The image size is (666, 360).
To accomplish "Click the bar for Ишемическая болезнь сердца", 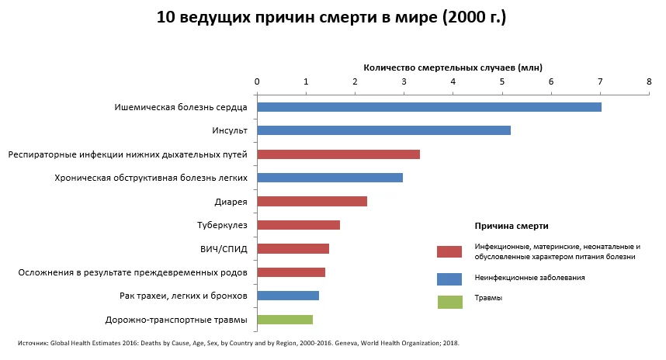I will pos(428,107).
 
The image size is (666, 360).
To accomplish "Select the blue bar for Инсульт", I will pos(383,130).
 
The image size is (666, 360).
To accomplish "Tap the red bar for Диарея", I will pos(311,202).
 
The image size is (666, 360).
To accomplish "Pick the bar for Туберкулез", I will pos(298,225).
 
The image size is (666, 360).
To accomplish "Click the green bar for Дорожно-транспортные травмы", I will pos(284,320).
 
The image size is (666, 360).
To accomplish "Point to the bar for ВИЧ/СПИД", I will pos(293,249).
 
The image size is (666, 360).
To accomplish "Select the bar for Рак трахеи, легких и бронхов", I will pos(287,296).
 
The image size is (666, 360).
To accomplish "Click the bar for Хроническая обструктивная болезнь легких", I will pos(329,178).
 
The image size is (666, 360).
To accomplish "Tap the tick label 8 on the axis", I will pos(649,81).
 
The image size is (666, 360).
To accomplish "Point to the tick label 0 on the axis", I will pos(257,81).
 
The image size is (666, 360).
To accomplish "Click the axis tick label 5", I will pos(501,81).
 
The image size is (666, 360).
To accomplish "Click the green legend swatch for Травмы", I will pos(449,302).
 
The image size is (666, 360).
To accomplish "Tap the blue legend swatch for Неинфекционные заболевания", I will pos(449,278).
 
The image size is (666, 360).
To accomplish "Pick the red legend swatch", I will pos(449,251).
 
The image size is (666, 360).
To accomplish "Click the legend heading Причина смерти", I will pos(512,226).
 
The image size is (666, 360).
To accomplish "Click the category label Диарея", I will pos(231,202).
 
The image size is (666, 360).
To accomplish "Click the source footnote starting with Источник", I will pos(238,342).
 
